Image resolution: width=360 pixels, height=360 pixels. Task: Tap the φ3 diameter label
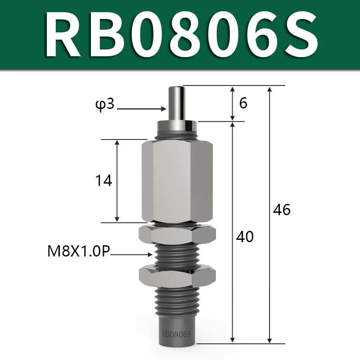(x=105, y=105)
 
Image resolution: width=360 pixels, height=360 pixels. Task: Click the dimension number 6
(x=243, y=103)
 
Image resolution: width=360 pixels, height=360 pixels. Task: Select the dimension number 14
(x=103, y=180)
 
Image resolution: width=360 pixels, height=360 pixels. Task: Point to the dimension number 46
(x=282, y=209)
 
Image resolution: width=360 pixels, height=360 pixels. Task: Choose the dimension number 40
(x=245, y=237)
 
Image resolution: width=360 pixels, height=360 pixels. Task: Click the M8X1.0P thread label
(x=79, y=251)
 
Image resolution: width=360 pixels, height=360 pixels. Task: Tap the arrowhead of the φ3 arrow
(x=163, y=108)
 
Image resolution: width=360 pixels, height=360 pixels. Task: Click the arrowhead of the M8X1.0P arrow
(x=150, y=254)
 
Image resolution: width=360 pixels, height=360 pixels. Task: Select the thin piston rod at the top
(x=176, y=103)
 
